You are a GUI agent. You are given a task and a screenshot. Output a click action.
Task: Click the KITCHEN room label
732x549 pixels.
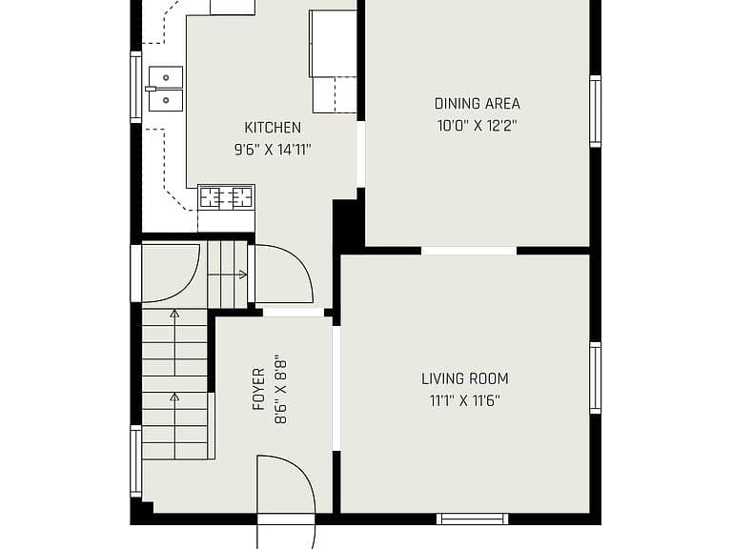coord(273,128)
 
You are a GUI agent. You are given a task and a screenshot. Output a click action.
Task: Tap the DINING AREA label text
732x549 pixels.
coord(478,104)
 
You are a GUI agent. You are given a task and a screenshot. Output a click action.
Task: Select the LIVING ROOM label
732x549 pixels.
coord(465,378)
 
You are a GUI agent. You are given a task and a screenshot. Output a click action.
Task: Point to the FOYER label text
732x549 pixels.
coord(258,389)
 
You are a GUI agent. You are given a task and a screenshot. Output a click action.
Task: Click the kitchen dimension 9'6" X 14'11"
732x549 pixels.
coord(273,150)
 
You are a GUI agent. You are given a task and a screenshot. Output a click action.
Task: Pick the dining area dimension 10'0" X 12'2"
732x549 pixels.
coord(478,126)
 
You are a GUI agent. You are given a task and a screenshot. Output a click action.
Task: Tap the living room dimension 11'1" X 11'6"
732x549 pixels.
coord(465,401)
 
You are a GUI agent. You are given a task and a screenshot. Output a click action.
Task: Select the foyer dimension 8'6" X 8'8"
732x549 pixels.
coord(280,391)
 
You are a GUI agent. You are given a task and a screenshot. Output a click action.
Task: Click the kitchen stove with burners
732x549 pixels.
coord(227,197)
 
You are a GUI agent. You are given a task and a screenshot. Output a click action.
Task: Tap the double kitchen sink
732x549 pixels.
coord(166,89)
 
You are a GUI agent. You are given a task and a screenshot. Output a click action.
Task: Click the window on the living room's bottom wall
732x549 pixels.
coord(473,518)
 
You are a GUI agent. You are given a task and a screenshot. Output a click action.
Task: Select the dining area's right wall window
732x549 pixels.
coord(595,112)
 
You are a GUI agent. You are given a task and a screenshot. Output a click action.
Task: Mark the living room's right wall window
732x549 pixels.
coord(595,377)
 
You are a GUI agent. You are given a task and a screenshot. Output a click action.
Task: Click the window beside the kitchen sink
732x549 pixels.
coord(135,87)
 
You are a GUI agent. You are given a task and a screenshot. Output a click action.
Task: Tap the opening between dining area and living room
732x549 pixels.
coord(469,251)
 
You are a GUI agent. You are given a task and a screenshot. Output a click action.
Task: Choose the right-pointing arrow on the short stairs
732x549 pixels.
coord(228,274)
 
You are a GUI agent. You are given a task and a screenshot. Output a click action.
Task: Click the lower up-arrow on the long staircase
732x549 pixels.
coord(174,426)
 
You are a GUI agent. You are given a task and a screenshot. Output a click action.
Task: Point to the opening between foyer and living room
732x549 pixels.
coord(336,389)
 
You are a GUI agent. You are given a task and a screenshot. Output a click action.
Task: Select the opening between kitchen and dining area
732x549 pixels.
coord(361,154)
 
